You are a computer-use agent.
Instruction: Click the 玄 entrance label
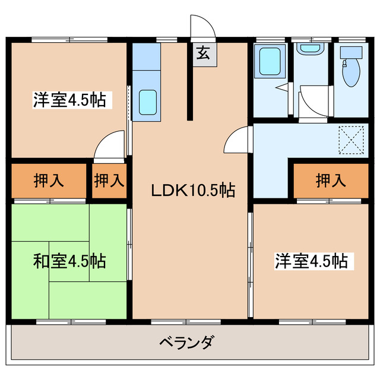(203, 53)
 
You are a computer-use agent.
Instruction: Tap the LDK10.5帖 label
(192, 191)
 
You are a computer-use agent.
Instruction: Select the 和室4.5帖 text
(69, 261)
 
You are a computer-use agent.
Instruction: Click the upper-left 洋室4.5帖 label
(69, 100)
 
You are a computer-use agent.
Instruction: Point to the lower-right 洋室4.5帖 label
(311, 260)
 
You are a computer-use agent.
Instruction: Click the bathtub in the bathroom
(271, 61)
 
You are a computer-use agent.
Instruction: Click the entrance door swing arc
(202, 25)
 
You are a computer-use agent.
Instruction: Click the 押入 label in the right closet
(330, 180)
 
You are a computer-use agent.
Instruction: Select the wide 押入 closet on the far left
(48, 180)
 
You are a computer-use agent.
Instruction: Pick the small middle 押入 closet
(110, 180)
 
